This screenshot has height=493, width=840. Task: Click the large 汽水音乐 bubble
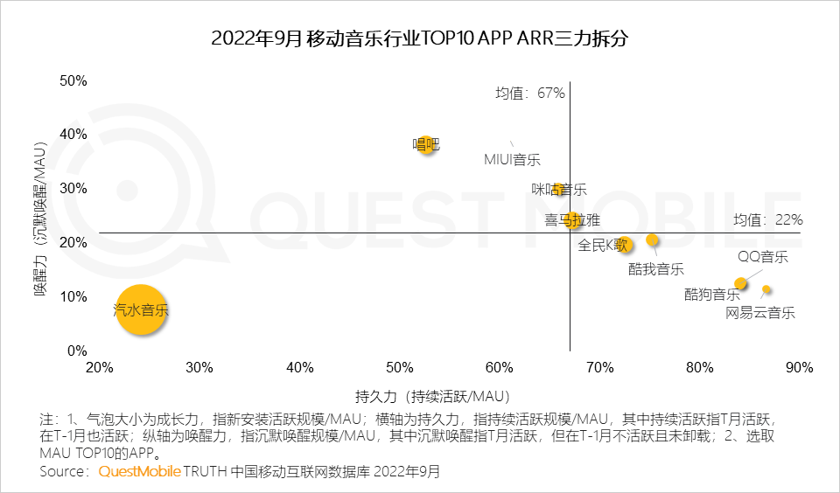click(x=141, y=310)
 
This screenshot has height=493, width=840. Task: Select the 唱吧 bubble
click(x=426, y=144)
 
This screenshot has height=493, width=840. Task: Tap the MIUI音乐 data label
click(x=513, y=160)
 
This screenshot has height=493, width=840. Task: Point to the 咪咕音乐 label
click(x=559, y=190)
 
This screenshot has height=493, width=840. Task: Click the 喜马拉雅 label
click(x=572, y=219)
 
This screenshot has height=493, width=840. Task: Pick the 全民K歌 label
click(x=604, y=246)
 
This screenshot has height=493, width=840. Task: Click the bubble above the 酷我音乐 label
click(x=652, y=240)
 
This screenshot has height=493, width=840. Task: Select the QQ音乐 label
click(x=762, y=257)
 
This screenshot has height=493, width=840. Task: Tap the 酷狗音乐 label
click(x=712, y=295)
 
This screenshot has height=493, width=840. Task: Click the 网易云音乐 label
click(x=760, y=313)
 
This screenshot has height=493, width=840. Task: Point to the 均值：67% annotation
click(x=530, y=93)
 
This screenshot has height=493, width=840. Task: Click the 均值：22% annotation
click(x=767, y=220)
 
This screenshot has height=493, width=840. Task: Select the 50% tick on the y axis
click(x=73, y=80)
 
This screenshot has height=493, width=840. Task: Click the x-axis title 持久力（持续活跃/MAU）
click(x=432, y=395)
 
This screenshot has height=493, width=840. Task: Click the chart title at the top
click(x=419, y=40)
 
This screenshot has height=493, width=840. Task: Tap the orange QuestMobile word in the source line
click(x=139, y=472)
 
